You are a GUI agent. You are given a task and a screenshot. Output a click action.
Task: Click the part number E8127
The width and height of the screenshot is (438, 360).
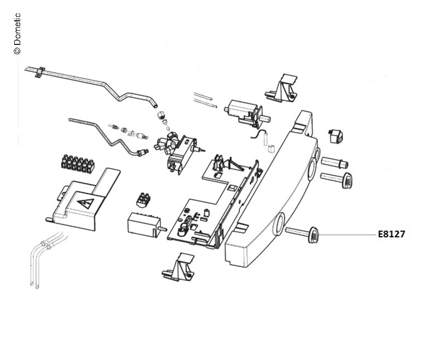pyautogui.click(x=391, y=234)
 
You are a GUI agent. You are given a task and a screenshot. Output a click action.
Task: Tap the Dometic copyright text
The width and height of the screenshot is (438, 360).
pyautogui.click(x=16, y=33)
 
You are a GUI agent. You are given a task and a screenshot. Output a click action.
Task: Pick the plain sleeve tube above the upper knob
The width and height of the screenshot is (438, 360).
pyautogui.click(x=333, y=163)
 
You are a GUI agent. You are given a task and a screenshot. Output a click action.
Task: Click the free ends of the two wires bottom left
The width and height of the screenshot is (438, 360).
pyautogui.click(x=36, y=283)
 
